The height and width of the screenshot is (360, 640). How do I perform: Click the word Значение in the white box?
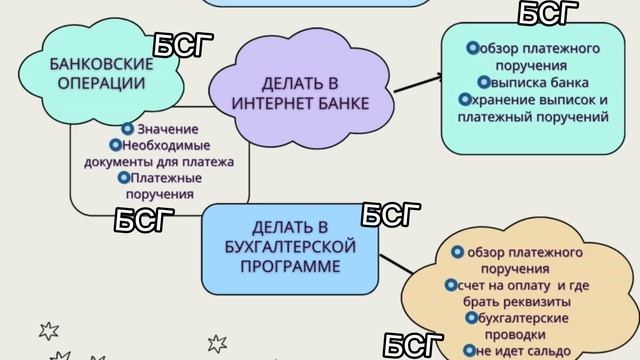[168, 130]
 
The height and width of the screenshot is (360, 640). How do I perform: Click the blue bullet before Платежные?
[122, 178]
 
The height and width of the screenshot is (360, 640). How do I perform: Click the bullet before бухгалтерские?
[470, 318]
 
